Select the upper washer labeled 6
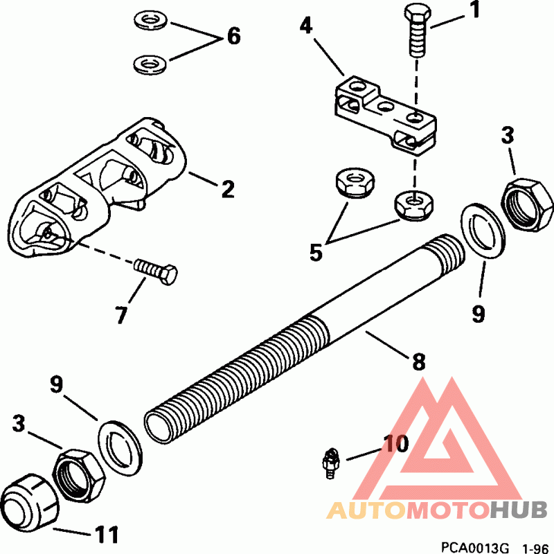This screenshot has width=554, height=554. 148,19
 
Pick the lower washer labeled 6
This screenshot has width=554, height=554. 148,64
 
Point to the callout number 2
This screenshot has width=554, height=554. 228,189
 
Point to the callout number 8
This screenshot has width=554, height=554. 418,361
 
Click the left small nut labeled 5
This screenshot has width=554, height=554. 352,184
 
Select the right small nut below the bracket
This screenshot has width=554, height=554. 411,202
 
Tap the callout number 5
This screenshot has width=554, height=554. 316,252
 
